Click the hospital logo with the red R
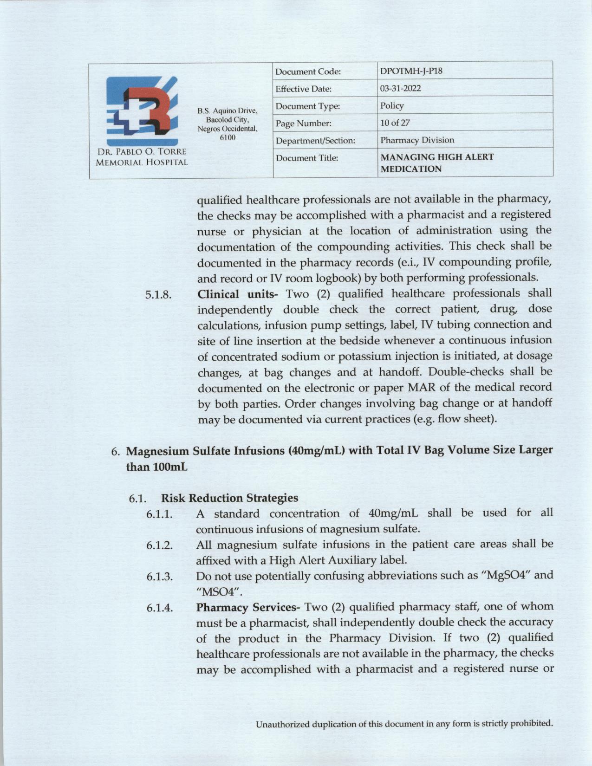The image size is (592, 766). click(x=142, y=111)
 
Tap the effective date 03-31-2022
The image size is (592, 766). click(x=400, y=88)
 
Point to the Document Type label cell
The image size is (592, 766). click(x=307, y=106)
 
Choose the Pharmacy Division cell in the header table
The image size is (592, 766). click(x=417, y=140)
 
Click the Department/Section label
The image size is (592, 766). click(x=315, y=140)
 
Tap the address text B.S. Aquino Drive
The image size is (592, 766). click(x=227, y=111)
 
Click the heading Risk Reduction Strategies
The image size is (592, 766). click(x=229, y=498)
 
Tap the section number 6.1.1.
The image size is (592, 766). click(x=160, y=514)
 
